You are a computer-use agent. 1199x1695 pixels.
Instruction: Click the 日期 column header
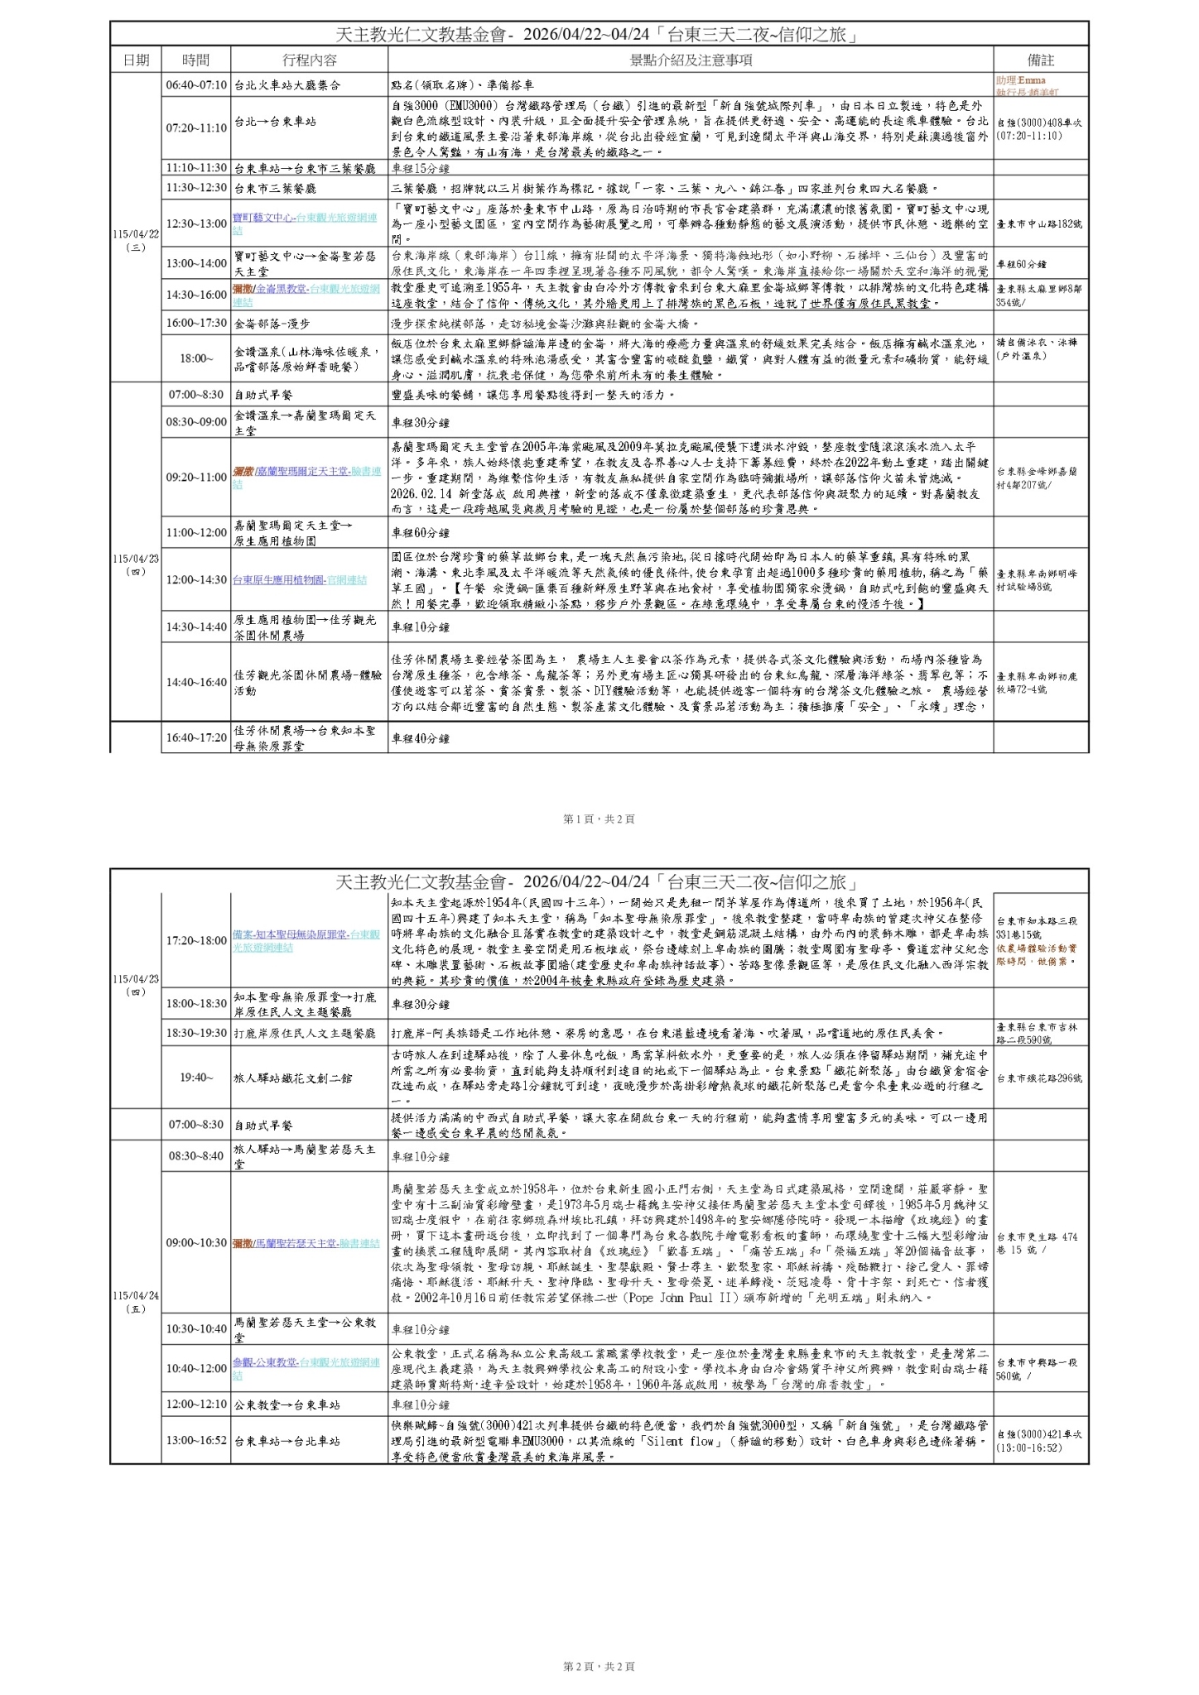[x=136, y=60]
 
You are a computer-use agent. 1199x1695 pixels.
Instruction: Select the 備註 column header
[x=1040, y=60]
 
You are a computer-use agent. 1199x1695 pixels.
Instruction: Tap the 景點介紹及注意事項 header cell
[x=690, y=60]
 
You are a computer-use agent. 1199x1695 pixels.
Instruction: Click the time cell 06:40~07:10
[x=195, y=85]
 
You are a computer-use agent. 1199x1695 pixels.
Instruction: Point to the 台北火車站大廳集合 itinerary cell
[x=287, y=85]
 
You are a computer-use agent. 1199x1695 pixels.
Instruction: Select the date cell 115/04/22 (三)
[x=136, y=241]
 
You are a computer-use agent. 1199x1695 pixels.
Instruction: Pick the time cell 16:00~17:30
[x=195, y=324]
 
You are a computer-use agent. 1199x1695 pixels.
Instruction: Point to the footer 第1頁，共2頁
[x=599, y=819]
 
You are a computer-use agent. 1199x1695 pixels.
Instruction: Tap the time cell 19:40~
[x=195, y=1078]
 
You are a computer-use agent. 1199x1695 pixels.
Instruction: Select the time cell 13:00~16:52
[x=195, y=1440]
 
